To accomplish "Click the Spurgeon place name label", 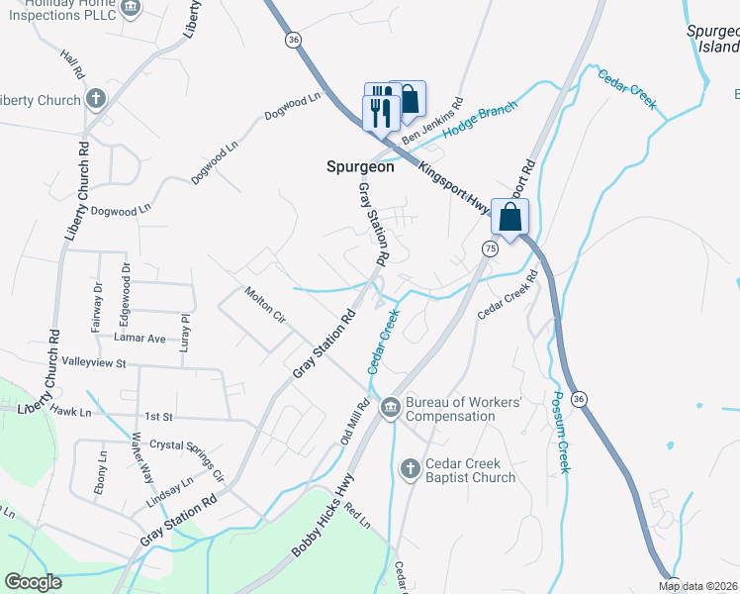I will (x=360, y=167).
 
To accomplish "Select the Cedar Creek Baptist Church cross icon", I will (x=411, y=469).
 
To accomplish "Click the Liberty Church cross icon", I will (x=95, y=99).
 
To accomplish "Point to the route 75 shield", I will (x=491, y=247).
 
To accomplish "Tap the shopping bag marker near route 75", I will (x=510, y=218).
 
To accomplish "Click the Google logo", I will (x=34, y=582).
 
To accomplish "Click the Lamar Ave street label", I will (x=139, y=338).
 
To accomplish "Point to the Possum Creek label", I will (x=562, y=431).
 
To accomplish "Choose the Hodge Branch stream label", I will (x=480, y=121).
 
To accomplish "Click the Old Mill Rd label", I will (x=355, y=421).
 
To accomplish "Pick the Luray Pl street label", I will (x=185, y=332).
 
